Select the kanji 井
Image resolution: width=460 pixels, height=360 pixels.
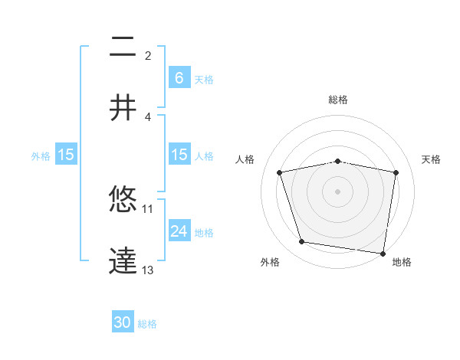click(123, 108)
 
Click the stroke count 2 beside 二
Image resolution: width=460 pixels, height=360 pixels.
click(148, 56)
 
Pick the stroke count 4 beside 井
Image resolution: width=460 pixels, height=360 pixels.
click(148, 116)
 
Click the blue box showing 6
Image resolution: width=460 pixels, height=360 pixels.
click(179, 77)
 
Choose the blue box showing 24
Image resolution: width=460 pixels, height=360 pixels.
click(179, 231)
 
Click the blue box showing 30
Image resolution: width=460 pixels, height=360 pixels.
click(123, 322)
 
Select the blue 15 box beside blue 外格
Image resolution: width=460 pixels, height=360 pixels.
click(66, 155)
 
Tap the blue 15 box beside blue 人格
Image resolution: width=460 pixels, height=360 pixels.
click(179, 155)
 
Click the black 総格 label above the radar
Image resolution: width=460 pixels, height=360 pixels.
click(338, 100)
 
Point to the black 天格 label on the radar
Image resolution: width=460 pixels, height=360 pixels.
click(432, 159)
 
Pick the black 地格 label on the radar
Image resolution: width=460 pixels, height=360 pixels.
click(402, 263)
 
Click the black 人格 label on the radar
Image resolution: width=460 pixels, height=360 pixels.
click(246, 159)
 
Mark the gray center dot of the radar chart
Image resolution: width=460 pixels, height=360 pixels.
click(338, 191)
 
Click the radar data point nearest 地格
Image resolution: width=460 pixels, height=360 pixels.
click(383, 253)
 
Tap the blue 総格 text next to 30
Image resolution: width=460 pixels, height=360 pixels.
click(147, 324)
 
